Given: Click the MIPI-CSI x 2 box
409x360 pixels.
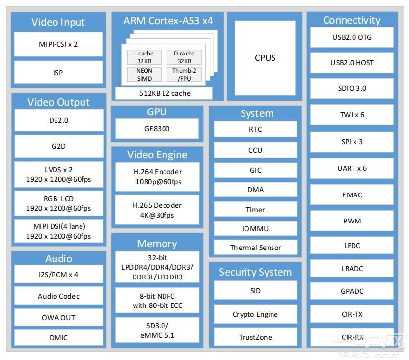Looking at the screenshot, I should click(x=58, y=44).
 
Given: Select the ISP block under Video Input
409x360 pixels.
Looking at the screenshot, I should click(x=58, y=72).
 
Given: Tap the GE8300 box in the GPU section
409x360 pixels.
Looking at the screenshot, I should click(x=157, y=130).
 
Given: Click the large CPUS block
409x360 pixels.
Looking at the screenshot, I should click(x=265, y=58).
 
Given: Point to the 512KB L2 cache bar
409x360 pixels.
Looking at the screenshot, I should click(x=164, y=93).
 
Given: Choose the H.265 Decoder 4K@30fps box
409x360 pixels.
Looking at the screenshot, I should click(x=157, y=210).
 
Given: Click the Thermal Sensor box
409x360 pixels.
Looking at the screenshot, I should click(x=255, y=248).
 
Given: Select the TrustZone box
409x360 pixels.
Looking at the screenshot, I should click(x=255, y=337).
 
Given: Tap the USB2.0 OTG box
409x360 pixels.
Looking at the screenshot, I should click(x=352, y=37).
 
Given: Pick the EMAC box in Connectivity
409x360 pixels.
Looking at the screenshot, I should click(x=352, y=195).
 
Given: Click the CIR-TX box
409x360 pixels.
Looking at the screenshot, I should click(x=352, y=314).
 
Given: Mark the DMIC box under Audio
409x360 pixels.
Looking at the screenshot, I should click(x=58, y=337).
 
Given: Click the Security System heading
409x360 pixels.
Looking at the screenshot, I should click(x=255, y=272).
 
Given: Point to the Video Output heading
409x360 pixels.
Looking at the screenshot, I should click(x=58, y=102).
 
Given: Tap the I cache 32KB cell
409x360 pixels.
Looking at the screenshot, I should click(x=144, y=57).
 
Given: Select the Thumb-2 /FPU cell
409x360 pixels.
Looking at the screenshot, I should click(x=184, y=74).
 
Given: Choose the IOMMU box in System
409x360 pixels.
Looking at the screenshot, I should click(x=255, y=229).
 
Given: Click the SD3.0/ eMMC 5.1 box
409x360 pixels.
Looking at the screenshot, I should click(x=157, y=331).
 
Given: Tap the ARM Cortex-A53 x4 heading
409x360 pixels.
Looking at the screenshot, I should click(x=168, y=21).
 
